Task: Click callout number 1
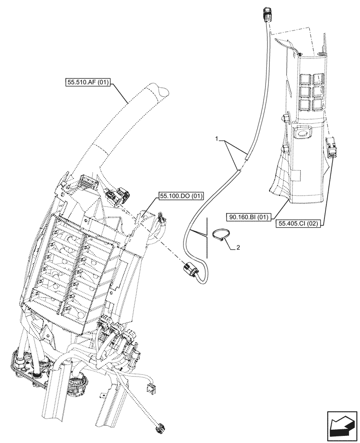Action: tap(217, 139)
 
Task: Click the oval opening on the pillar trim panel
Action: tap(303, 132)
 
